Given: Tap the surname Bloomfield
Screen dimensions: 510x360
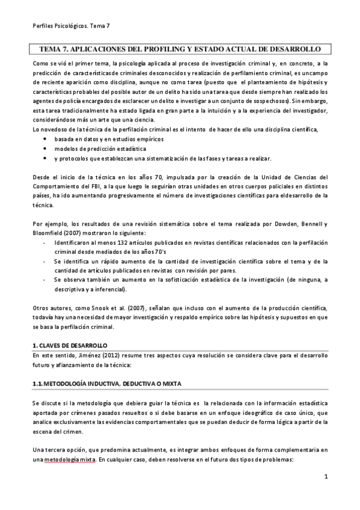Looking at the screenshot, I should (x=50, y=233).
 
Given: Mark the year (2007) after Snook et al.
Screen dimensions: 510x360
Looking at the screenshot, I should (x=128, y=308).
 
